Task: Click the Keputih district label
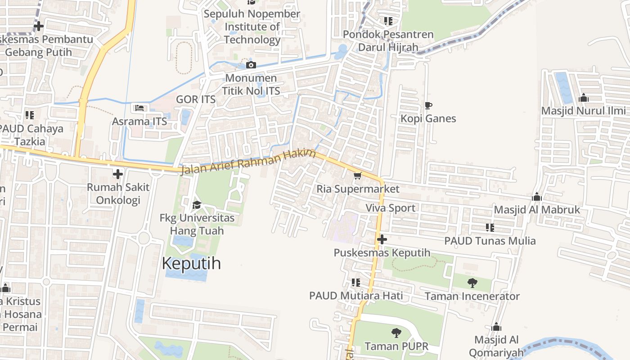coord(191,263)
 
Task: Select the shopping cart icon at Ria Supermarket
coord(358,175)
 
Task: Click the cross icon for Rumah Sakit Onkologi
coord(118,174)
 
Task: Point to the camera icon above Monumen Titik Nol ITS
coord(251,65)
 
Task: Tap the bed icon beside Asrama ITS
coord(139,108)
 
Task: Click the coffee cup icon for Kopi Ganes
coord(428,106)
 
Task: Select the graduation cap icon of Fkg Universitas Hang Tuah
coord(197,205)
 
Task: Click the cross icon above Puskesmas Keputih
coord(382,239)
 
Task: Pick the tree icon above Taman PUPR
coord(396,333)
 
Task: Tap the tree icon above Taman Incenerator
coord(472,283)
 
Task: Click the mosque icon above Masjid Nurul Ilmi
coord(584,98)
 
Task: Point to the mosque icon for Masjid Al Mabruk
coord(537,197)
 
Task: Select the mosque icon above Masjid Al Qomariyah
coord(496,327)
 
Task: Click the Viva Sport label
coord(390,208)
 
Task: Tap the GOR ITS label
coord(196,99)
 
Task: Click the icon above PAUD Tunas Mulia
coord(490,228)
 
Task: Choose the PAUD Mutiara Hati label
coord(356,296)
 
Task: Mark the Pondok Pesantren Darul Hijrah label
coord(388,40)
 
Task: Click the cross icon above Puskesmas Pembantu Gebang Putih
coord(39,26)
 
